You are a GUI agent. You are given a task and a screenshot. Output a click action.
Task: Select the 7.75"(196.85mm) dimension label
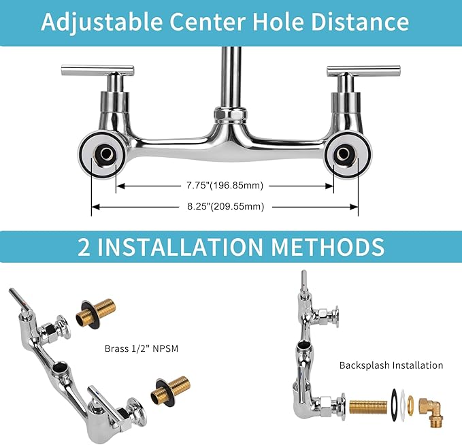pyautogui.click(x=225, y=185)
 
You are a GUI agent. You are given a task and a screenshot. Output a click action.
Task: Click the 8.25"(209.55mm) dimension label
pyautogui.click(x=225, y=206)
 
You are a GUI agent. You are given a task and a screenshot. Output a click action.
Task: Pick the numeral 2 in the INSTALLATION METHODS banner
pyautogui.click(x=85, y=246)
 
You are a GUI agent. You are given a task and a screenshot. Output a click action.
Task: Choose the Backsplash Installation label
pyautogui.click(x=391, y=365)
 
